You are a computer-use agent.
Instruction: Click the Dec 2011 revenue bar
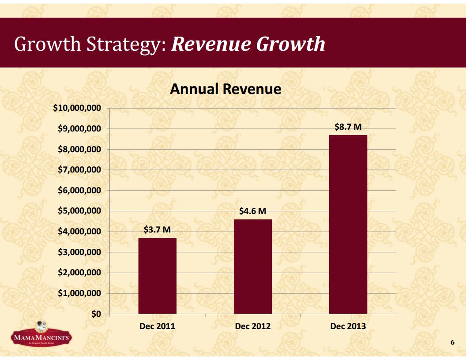(157, 276)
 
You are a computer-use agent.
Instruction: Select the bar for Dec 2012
(253, 266)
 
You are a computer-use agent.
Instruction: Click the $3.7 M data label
(157, 230)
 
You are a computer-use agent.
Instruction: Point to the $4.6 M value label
(252, 211)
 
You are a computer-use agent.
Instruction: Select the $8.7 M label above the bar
(348, 127)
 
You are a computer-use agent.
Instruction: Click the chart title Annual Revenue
(225, 89)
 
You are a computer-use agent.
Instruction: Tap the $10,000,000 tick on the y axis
(77, 108)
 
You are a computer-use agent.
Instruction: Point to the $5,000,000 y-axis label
(79, 211)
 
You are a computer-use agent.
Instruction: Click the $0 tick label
(96, 314)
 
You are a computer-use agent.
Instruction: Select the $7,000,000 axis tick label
(79, 170)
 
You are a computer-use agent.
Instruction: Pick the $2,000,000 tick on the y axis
(79, 273)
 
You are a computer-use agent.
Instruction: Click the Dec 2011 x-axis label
(157, 326)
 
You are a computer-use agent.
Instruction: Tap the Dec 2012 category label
(253, 326)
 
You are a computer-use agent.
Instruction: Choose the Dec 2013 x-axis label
(348, 326)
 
